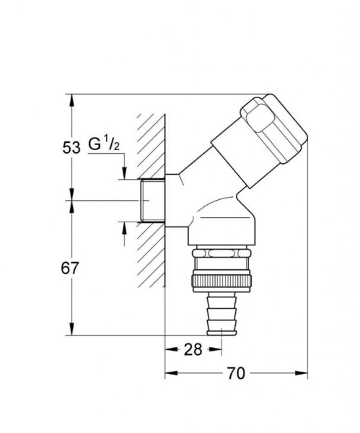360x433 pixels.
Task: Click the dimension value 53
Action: (70, 147)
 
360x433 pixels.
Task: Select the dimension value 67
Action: (70, 268)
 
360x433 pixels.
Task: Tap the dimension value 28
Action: (193, 349)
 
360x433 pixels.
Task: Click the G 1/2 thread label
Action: (103, 144)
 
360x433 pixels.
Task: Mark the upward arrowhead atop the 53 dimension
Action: (70, 100)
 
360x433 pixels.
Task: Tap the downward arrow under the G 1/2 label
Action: (123, 172)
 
